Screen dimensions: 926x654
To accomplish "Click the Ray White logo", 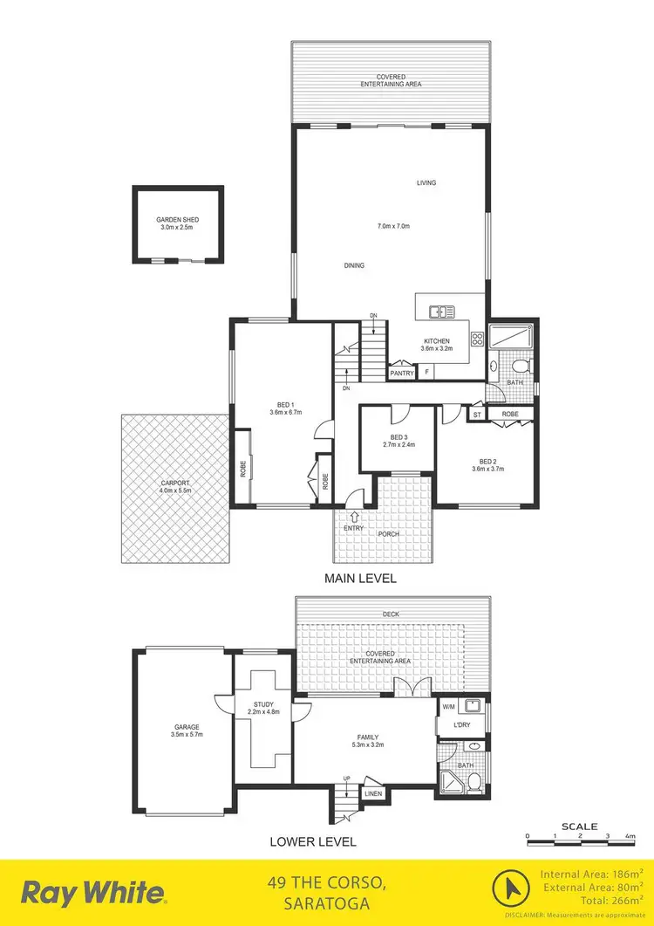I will (93, 893).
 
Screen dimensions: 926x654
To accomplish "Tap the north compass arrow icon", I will (508, 891).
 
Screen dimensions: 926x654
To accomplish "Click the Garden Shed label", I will (177, 220).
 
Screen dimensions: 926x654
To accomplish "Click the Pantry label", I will (402, 373).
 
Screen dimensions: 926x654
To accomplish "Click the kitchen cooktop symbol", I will (477, 339).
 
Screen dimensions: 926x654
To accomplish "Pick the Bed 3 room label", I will (399, 437).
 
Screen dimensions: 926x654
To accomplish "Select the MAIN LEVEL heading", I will (360, 579).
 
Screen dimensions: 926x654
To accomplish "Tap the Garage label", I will (187, 727).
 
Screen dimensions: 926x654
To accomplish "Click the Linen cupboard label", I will (374, 793).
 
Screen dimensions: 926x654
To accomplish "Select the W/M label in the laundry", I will (448, 707).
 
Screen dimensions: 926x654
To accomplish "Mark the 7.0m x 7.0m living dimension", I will (393, 226).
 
